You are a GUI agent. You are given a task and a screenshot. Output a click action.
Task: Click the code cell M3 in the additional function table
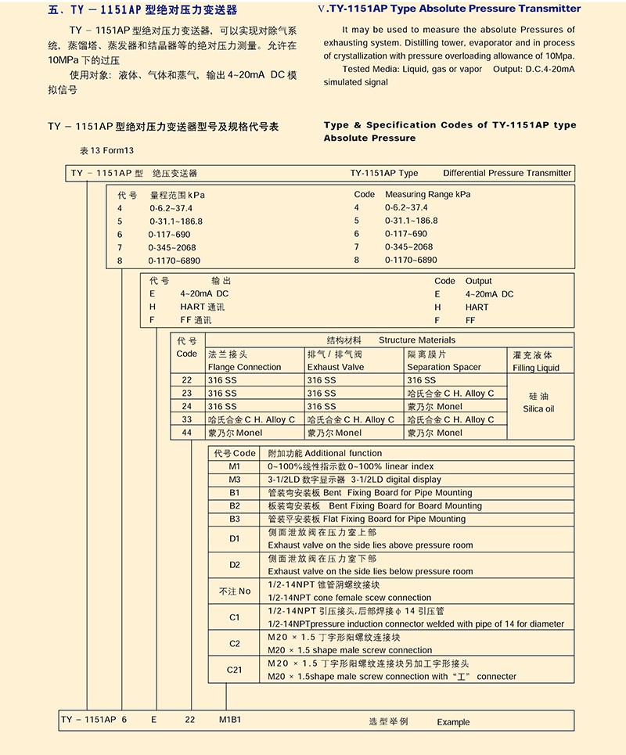(234, 480)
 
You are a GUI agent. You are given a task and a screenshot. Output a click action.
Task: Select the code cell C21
(234, 670)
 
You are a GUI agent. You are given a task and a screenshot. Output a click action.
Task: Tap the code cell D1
(234, 538)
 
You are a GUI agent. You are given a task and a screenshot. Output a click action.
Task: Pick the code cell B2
(234, 506)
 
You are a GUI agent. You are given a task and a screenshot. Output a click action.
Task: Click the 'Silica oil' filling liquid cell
(538, 402)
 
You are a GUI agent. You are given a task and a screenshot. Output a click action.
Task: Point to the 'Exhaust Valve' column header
(335, 367)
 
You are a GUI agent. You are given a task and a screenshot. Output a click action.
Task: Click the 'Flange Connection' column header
(244, 367)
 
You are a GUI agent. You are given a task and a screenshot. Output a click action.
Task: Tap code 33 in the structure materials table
(186, 419)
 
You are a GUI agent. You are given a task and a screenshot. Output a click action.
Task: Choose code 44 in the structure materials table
(186, 433)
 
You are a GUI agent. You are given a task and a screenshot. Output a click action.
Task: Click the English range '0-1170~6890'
(411, 260)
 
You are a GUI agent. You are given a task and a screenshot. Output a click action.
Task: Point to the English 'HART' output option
(477, 307)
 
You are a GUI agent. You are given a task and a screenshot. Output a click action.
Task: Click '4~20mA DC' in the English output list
(489, 294)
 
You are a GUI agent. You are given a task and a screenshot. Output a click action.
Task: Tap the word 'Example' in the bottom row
(453, 722)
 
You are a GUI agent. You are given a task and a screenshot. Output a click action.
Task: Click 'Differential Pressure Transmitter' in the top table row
(507, 173)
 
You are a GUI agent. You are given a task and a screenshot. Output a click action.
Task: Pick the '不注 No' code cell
(234, 591)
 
